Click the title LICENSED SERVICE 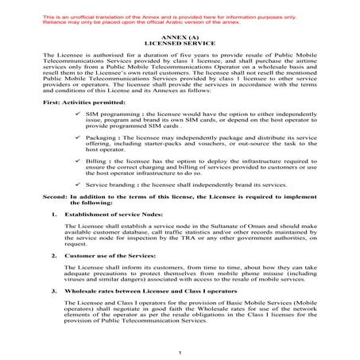(180, 44)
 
